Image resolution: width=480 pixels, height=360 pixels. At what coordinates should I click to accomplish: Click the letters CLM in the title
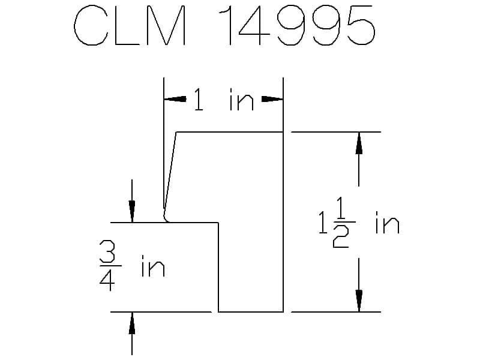[x=130, y=26]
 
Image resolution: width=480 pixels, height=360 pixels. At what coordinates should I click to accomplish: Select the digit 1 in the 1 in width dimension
[x=199, y=100]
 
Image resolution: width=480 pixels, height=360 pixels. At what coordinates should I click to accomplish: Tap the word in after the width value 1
[x=242, y=100]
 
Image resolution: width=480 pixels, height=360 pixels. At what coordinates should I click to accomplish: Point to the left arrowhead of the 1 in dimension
[x=175, y=99]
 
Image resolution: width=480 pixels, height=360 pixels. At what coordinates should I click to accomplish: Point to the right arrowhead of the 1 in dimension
[x=272, y=99]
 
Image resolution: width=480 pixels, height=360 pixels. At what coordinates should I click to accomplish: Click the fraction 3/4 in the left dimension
[x=107, y=265]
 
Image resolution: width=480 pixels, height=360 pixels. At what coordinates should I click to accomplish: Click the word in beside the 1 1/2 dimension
[x=388, y=223]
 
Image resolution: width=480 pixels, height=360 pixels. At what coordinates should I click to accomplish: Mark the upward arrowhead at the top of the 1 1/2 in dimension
[x=359, y=143]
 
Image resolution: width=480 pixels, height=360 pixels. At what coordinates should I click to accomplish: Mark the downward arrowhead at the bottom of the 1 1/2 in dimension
[x=359, y=301]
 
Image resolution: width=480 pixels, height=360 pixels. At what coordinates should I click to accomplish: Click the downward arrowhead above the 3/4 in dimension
[x=132, y=212]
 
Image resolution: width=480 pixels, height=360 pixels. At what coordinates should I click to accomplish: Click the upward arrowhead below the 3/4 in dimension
[x=132, y=323]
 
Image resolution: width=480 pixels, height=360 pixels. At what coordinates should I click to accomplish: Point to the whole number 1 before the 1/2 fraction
[x=323, y=223]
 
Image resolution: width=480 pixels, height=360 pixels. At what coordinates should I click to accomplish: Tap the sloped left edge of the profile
[x=170, y=172]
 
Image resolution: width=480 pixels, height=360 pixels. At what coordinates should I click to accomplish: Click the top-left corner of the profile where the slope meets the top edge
[x=176, y=132]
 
